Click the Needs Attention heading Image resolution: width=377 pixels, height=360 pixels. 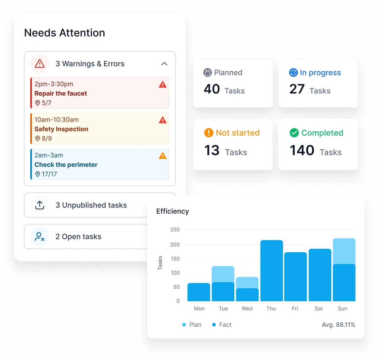point(64,33)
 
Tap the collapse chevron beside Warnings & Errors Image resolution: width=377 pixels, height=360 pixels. point(164,64)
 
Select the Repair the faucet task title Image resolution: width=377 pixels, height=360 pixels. point(61,93)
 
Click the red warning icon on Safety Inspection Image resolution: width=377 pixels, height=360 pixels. point(162,120)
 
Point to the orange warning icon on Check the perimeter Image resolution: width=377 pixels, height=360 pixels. point(162,156)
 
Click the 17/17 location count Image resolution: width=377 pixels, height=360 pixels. point(49,174)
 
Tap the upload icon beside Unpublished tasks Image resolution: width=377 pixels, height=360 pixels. point(40,205)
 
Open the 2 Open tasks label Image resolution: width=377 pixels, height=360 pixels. point(78,236)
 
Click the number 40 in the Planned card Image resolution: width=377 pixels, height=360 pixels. point(211,89)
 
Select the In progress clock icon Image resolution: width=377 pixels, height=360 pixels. point(293,73)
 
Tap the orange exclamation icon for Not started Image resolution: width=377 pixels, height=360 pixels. point(209,133)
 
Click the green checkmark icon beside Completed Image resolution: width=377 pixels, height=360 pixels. point(294,133)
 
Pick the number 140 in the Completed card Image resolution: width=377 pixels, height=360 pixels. point(302,150)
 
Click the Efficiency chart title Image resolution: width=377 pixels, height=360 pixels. point(172,211)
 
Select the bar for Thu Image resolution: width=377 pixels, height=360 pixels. point(271,270)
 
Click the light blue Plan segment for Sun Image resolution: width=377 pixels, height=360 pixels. point(344,251)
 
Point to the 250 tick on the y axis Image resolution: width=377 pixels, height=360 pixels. point(175,230)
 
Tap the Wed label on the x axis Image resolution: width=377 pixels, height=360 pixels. point(247,308)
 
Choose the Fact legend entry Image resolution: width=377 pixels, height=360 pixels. point(222,325)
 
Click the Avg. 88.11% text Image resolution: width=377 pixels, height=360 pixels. point(338,325)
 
